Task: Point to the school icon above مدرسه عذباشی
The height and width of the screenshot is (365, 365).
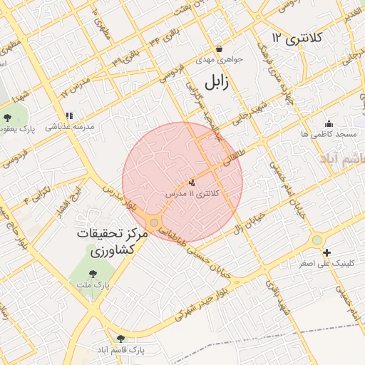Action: (x=69, y=115)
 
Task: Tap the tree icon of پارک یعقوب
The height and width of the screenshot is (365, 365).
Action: (x=8, y=117)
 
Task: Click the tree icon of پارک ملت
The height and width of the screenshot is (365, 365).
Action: (x=92, y=274)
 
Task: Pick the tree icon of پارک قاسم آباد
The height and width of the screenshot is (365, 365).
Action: (x=120, y=339)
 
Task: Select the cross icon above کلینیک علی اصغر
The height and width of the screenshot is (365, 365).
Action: (x=327, y=252)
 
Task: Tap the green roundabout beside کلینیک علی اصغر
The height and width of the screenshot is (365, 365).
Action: (x=317, y=241)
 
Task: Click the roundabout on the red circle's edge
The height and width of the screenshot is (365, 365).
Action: (x=154, y=223)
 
